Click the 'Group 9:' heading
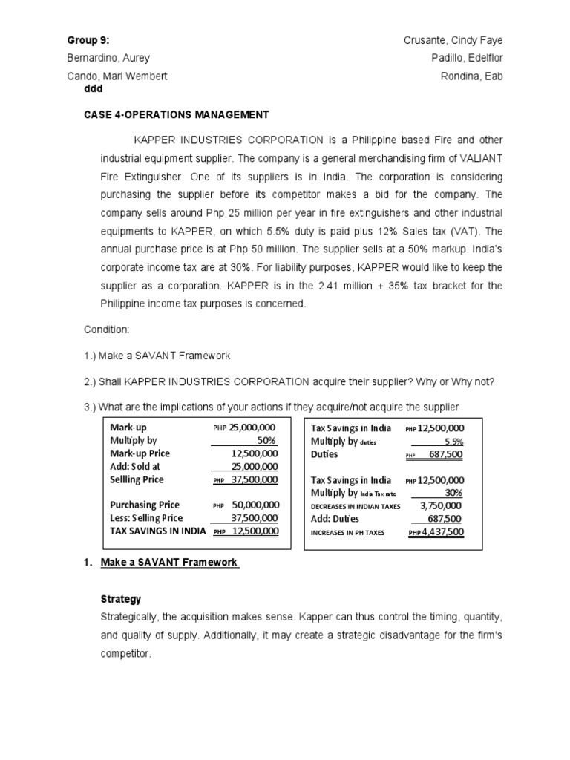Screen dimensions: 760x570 [x=82, y=40]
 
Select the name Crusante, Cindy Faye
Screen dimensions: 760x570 [x=458, y=40]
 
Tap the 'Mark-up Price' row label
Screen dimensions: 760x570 [x=140, y=453]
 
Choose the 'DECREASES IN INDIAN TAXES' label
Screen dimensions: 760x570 [x=356, y=506]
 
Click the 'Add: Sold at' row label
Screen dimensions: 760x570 [x=134, y=466]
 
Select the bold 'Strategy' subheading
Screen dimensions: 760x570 [x=120, y=598]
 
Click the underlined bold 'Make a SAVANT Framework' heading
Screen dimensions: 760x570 [x=169, y=563]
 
